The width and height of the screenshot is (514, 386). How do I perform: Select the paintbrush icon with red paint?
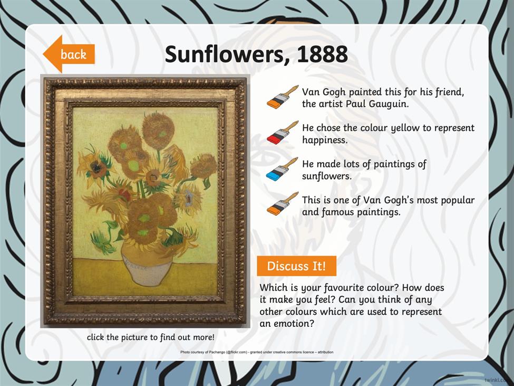coord(282,133)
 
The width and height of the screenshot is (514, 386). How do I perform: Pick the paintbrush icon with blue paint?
coord(282,169)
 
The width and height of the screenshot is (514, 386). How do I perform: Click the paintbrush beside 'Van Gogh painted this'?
coord(282,97)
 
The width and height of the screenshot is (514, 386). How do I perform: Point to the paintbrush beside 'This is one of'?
coord(282,204)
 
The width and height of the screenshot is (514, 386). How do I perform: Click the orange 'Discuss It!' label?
coord(296,266)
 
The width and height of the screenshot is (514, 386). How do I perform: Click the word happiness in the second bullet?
coord(324,140)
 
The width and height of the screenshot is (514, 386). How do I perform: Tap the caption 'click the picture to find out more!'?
coord(150,337)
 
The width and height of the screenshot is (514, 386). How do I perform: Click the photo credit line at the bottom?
coord(257,352)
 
